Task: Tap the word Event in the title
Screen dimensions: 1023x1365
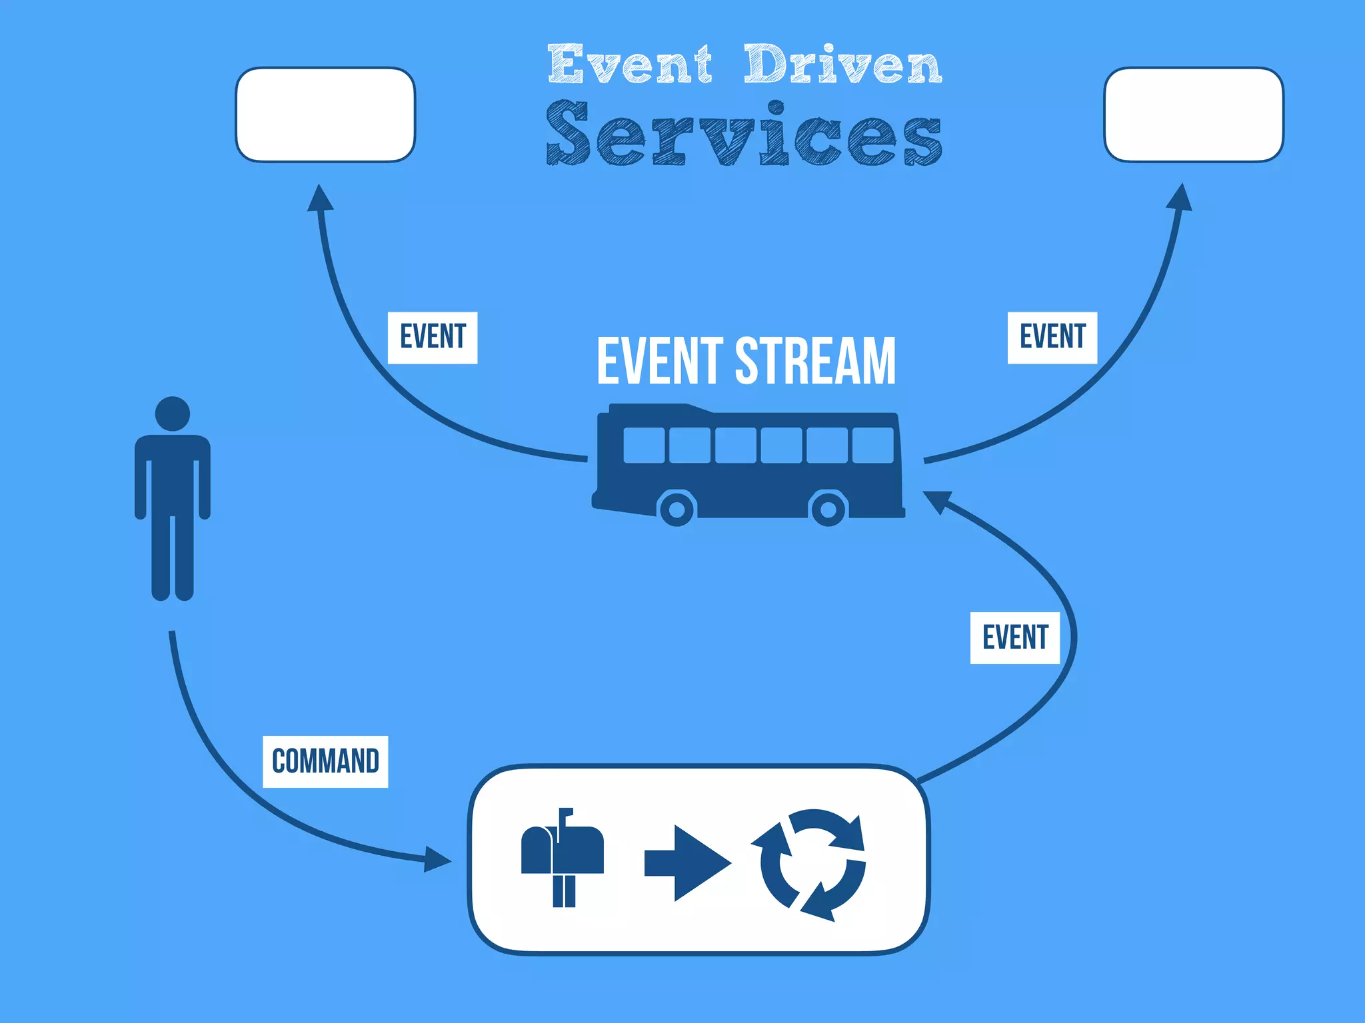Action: pos(629,65)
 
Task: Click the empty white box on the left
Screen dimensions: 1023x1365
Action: pos(325,115)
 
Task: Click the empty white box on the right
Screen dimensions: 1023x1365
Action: pos(1193,115)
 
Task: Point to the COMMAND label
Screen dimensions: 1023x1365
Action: pos(325,761)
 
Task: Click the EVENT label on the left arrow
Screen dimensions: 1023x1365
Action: pos(433,337)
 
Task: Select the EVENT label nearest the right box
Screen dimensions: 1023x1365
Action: pos(1052,337)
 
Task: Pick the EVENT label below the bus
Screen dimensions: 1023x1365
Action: pos(1014,637)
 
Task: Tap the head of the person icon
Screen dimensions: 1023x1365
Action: pos(173,414)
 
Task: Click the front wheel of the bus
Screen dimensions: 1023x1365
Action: pos(677,510)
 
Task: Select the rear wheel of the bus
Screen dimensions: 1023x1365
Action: pos(828,510)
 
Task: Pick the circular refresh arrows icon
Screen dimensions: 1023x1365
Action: pos(812,864)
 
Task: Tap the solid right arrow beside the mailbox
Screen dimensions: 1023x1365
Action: pos(686,863)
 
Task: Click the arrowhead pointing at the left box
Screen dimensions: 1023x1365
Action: pos(320,198)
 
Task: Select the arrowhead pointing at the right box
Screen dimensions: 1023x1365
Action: pos(1180,198)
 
